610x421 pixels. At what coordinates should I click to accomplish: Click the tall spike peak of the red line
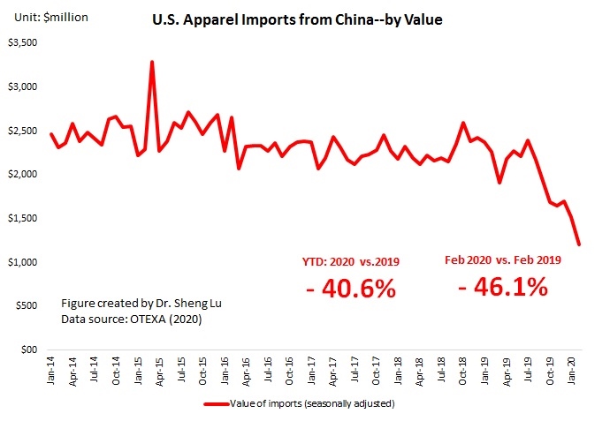(x=152, y=62)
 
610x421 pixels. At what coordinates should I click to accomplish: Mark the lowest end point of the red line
(x=580, y=244)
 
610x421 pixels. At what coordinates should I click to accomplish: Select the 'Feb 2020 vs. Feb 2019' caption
(x=502, y=260)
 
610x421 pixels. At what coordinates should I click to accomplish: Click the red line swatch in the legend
(x=216, y=405)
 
